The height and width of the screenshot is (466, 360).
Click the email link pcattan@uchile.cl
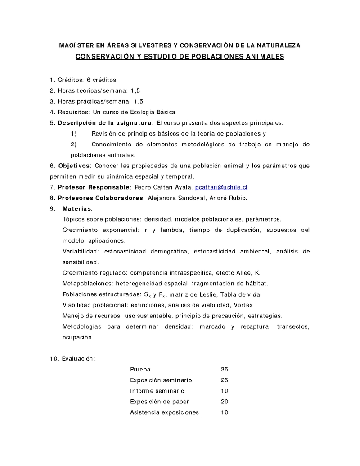point(221,187)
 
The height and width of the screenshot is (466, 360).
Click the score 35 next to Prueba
point(225,369)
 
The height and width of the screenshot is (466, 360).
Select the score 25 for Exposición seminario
point(225,380)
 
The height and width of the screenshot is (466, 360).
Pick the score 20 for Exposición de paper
point(225,402)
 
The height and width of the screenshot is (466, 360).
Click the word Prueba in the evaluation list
point(140,369)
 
